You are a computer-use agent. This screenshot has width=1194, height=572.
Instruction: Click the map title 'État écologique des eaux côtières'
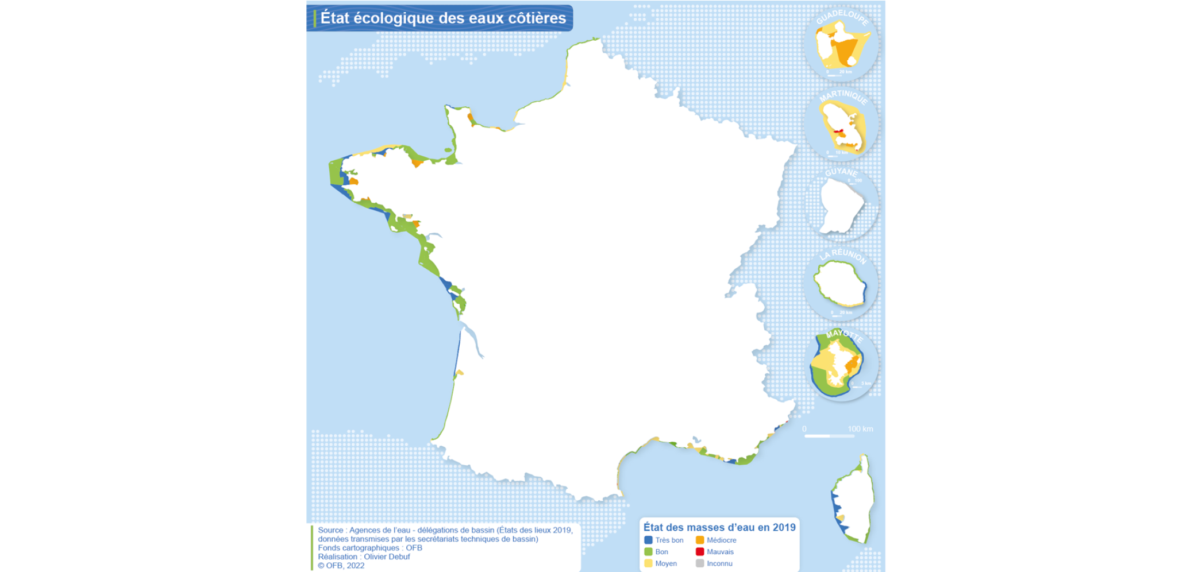point(442,18)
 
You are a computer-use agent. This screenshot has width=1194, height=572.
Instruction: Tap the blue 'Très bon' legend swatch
point(648,540)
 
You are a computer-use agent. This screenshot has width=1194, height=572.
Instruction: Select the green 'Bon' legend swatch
point(648,552)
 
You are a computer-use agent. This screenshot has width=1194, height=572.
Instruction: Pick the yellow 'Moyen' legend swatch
point(648,563)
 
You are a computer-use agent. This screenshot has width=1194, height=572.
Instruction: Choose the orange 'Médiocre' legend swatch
point(700,540)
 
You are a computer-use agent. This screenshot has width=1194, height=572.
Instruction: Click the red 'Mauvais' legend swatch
point(700,552)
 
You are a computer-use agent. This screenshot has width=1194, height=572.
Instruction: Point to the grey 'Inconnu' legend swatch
point(700,563)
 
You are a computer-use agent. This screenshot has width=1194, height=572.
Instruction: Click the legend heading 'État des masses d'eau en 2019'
point(719,527)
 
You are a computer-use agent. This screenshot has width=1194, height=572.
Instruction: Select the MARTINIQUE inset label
point(843,96)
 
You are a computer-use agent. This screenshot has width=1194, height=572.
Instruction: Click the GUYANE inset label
point(841,172)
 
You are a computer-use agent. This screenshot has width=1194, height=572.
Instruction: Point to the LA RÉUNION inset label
point(843,255)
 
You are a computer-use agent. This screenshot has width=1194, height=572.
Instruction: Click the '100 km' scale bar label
point(860,429)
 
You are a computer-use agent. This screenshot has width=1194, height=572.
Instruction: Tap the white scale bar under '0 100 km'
point(829,436)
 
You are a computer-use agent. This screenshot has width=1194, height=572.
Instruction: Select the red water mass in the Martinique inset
point(838,132)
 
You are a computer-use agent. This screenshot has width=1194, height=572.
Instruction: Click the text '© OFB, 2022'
point(341,566)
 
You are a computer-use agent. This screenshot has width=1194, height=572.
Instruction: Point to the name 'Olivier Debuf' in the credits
point(387,556)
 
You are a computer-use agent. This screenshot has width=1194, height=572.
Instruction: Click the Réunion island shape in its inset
point(840,283)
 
